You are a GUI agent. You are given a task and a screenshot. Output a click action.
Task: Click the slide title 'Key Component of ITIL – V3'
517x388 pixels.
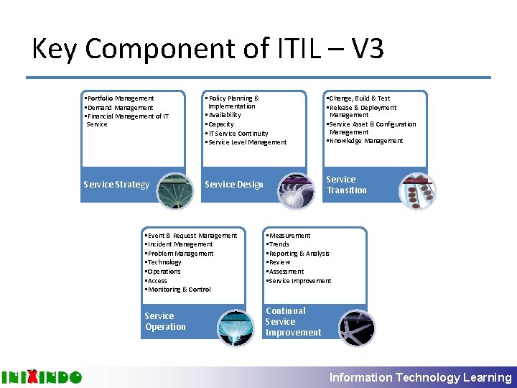tap(208, 50)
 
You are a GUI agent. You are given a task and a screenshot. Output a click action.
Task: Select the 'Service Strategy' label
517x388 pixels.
tap(116, 185)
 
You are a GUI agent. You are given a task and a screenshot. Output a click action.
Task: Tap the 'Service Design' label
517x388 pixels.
tap(234, 185)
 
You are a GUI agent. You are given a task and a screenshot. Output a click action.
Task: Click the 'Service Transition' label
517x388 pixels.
tap(346, 185)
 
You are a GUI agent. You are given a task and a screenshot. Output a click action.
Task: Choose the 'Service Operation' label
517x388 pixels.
tap(165, 321)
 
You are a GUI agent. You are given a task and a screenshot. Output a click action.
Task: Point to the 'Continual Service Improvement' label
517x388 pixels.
tap(293, 321)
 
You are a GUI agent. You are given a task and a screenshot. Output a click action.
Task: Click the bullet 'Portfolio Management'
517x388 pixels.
tap(119, 98)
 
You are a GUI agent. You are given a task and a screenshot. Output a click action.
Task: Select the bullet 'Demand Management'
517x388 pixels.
tap(119, 108)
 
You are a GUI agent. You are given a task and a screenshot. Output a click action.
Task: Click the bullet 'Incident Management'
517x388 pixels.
tap(179, 244)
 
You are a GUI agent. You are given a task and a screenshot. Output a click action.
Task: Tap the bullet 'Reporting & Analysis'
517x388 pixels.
tap(298, 254)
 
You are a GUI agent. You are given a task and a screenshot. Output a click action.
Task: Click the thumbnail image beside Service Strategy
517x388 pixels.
tap(174, 190)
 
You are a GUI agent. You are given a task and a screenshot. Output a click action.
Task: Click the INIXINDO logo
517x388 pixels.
tap(42, 377)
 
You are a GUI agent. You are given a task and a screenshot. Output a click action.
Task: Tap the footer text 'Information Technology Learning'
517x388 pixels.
tap(420, 377)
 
